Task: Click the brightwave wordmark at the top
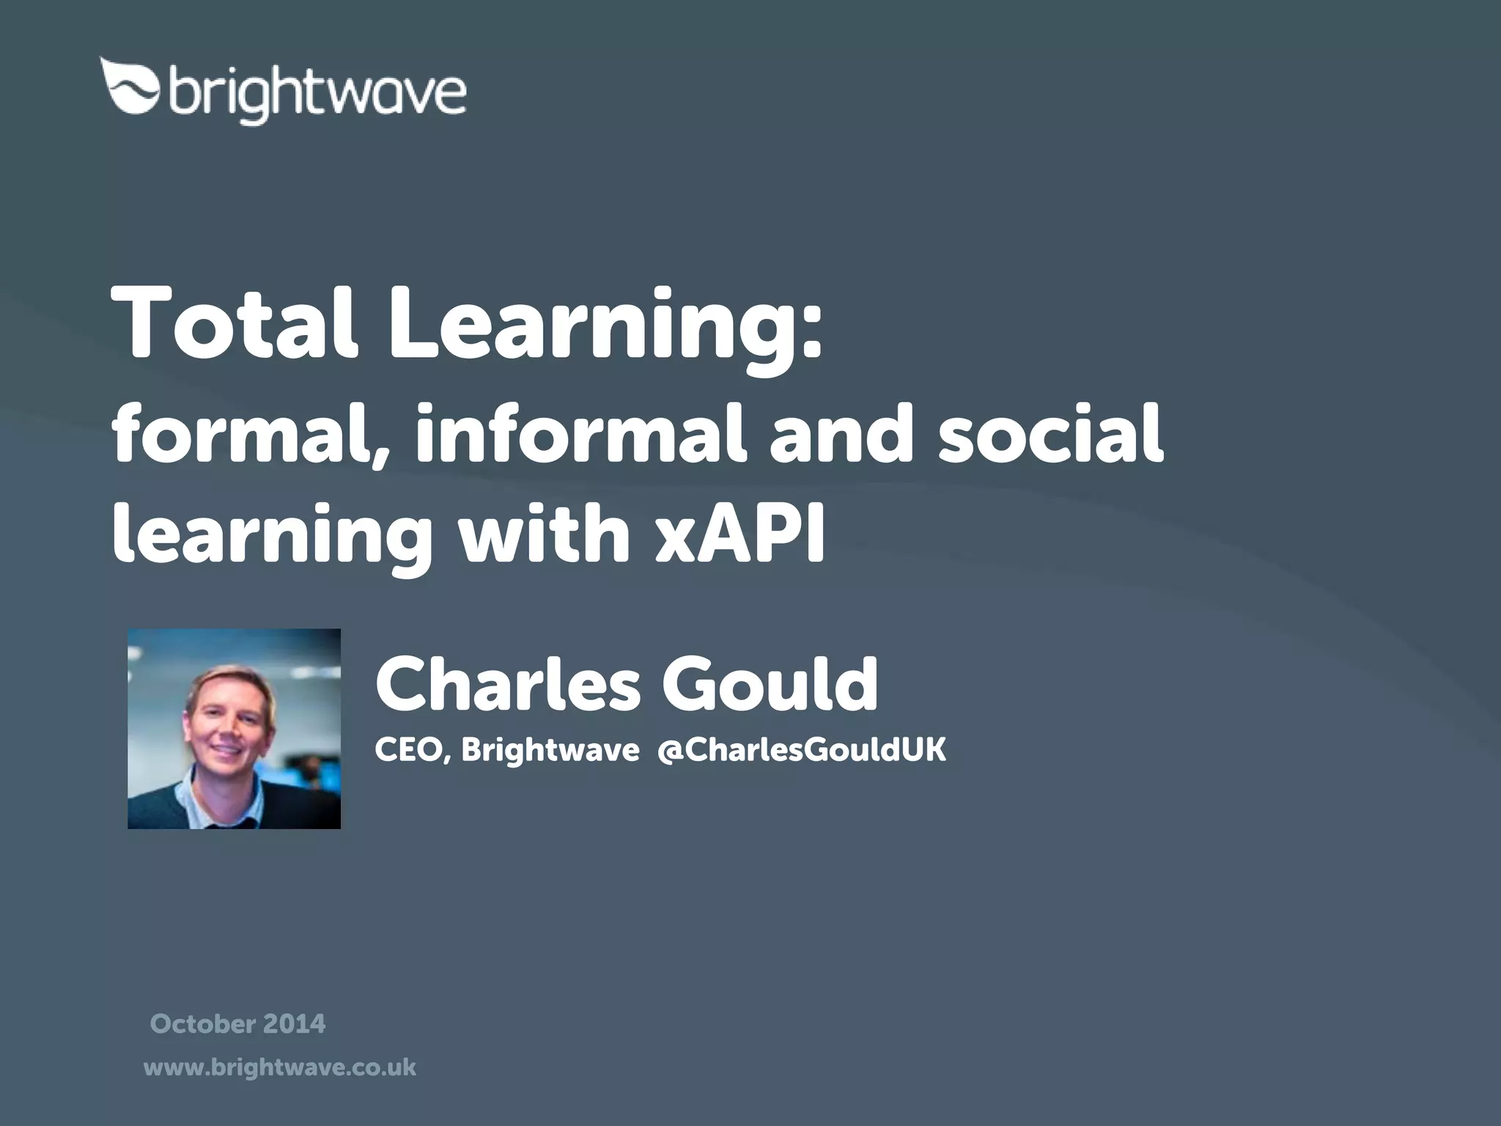[317, 94]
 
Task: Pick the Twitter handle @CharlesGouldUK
[801, 751]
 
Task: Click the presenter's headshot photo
[234, 729]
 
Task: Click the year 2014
[295, 1023]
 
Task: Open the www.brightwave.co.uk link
[280, 1067]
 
